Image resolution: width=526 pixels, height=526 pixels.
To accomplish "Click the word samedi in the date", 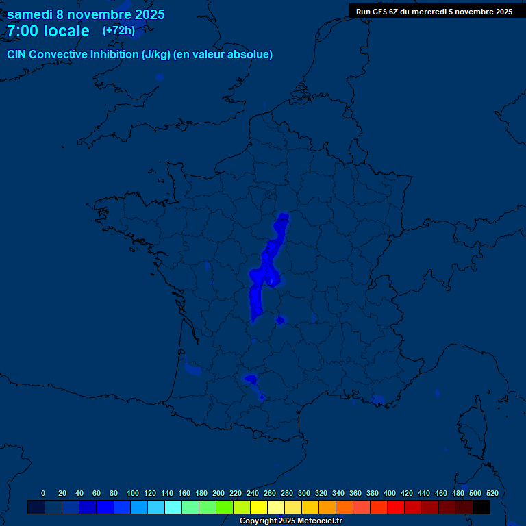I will [x=32, y=14].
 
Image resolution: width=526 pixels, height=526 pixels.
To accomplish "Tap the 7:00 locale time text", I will [x=48, y=31].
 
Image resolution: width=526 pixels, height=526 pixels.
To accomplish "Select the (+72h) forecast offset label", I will [x=118, y=31].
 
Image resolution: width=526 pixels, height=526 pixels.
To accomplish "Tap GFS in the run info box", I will [x=379, y=12].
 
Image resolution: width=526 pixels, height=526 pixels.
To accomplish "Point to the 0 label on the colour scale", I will [x=43, y=493].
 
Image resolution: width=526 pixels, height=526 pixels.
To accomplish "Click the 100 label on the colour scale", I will [x=133, y=493].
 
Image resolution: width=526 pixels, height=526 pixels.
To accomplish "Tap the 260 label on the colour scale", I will [x=270, y=493].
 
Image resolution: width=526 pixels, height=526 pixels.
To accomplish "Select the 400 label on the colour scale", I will [x=390, y=493].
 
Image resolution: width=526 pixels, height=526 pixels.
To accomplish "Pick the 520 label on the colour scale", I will [x=492, y=493].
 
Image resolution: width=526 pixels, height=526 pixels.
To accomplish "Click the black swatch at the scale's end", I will [x=481, y=507].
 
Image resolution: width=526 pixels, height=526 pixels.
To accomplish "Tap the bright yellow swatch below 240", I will [x=259, y=507].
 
